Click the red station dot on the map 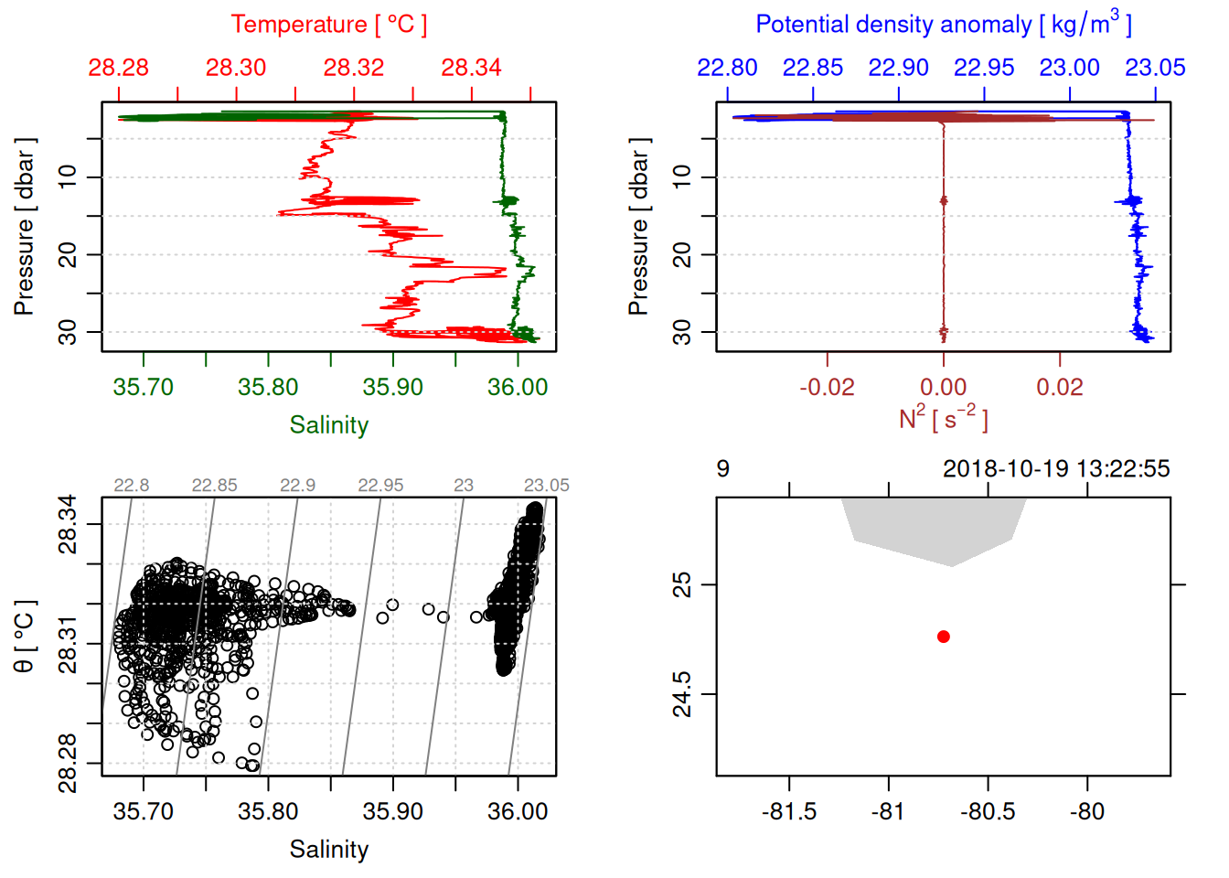[943, 637]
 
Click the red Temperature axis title [328, 25]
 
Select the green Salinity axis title [328, 425]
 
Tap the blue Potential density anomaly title [943, 25]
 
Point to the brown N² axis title [943, 418]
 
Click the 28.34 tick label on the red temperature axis [471, 68]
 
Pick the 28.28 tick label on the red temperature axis [119, 68]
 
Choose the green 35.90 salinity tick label [392, 387]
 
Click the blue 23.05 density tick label [1155, 68]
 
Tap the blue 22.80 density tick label [727, 68]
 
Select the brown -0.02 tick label [827, 387]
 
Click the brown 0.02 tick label [1060, 387]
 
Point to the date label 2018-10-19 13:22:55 [1056, 469]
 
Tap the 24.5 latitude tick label [682, 694]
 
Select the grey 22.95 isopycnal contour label [380, 486]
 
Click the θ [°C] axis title [24, 637]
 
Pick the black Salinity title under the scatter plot [328, 850]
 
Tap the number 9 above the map [722, 469]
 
